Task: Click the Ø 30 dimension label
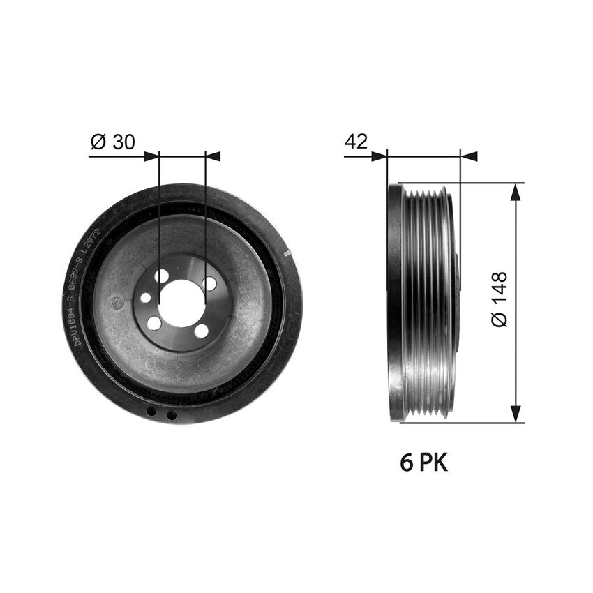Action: tap(113, 142)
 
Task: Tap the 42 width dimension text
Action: tap(356, 142)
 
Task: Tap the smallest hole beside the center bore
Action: tap(146, 298)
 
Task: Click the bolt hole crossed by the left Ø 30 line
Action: tap(161, 276)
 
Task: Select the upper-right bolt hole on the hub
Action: tap(209, 284)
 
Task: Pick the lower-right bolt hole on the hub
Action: tap(202, 331)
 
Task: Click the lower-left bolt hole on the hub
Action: tap(155, 323)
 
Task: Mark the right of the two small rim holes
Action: tap(172, 415)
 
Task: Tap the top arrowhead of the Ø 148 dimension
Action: tap(516, 192)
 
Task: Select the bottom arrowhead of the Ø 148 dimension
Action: tap(516, 415)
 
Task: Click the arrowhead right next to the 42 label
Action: tap(379, 156)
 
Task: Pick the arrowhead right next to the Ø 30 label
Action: tap(151, 156)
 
